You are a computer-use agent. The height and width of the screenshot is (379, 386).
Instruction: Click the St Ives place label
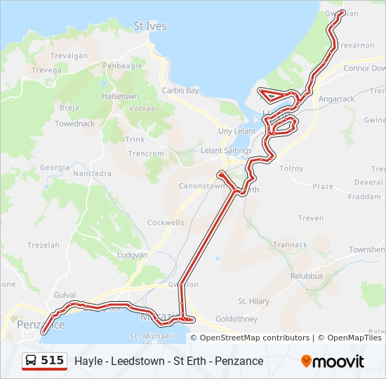coord(150,26)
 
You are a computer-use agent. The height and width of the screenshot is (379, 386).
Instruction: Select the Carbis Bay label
coord(180,91)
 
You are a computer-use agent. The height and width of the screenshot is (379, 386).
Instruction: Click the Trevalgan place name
coord(69,55)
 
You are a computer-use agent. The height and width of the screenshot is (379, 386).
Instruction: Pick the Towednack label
coord(75,124)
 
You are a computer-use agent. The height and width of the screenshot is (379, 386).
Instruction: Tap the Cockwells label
coord(166,222)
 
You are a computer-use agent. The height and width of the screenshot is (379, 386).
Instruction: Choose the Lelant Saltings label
coord(226,150)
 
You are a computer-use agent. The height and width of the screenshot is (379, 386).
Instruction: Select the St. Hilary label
coord(253,301)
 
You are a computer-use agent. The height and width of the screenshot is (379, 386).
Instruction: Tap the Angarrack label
coord(336,99)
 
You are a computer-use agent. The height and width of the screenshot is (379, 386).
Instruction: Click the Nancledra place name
coord(92,173)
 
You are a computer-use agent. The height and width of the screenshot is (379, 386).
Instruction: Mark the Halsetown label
coord(120,96)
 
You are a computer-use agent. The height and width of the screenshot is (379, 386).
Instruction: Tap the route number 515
coord(53,361)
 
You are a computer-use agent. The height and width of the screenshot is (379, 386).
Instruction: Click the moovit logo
coord(333,361)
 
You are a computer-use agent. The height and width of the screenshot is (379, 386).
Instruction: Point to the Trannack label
coord(290,245)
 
